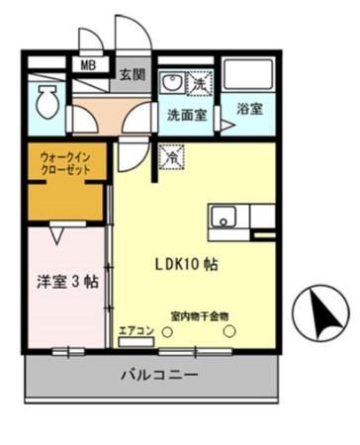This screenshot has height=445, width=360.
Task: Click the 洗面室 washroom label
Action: [x=185, y=113]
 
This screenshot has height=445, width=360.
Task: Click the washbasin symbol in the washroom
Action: [x=171, y=83]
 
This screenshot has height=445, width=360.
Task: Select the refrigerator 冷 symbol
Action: [x=172, y=154]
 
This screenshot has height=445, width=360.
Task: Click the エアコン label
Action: [x=135, y=330]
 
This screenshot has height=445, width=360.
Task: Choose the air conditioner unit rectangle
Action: [x=135, y=343]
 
